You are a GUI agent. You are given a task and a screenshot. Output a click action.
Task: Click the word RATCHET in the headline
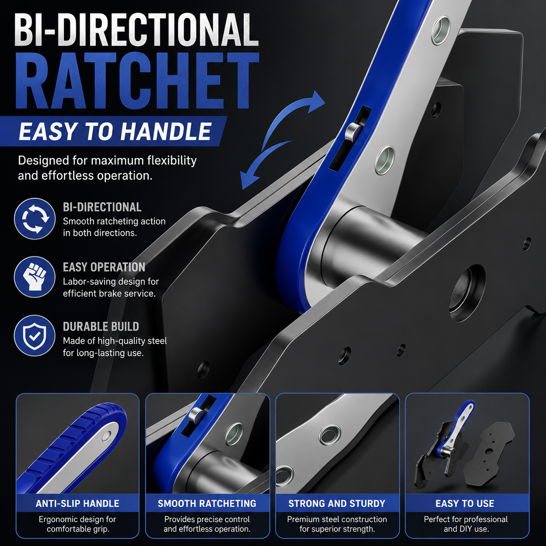137,81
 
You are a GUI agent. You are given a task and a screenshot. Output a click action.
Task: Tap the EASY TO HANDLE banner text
115,132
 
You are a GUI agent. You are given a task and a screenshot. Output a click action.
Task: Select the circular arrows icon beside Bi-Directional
34,219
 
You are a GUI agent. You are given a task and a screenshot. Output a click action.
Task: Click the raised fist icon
34,277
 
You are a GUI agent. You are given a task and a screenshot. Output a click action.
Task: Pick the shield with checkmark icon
34,336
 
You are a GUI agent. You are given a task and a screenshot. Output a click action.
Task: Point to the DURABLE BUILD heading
101,327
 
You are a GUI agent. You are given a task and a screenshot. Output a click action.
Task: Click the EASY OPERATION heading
104,267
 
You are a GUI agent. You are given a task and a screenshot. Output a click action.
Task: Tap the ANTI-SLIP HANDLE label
78,503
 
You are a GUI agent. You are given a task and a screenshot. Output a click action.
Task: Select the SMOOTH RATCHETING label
207,503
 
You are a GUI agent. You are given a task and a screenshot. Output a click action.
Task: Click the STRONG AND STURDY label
337,503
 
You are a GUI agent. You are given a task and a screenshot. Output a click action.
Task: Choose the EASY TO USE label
465,503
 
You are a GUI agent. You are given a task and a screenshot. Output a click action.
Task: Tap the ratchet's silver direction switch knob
354,131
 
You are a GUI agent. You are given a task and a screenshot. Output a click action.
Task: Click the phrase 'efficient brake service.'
109,293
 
